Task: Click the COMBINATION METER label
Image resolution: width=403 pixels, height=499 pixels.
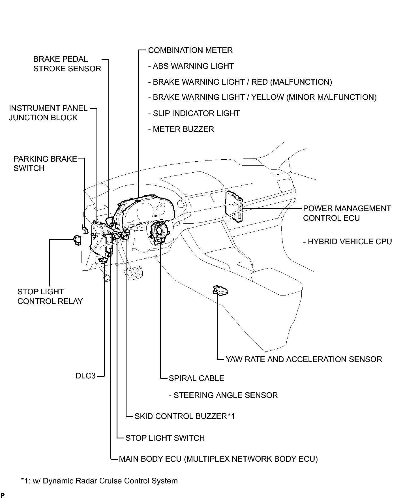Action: (190, 50)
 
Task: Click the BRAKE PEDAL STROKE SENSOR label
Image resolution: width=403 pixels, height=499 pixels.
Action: (67, 64)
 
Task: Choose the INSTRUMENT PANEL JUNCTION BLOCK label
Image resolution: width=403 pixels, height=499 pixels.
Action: (48, 113)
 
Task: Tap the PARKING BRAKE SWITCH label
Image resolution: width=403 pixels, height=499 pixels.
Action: (45, 164)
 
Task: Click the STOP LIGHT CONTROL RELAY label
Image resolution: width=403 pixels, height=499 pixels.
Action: (50, 296)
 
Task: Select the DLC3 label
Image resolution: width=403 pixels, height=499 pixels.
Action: (85, 376)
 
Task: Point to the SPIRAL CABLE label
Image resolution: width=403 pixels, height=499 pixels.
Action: (196, 378)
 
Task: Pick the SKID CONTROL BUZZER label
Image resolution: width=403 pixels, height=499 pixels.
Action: (185, 416)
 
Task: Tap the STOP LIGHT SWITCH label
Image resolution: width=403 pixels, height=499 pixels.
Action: (165, 438)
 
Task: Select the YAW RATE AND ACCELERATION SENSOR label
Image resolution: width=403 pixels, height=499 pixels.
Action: (304, 359)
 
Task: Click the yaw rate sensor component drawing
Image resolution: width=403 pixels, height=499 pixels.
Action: (220, 290)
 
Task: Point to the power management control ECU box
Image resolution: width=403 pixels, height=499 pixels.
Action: (234, 207)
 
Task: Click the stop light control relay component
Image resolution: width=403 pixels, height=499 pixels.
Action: (77, 239)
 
